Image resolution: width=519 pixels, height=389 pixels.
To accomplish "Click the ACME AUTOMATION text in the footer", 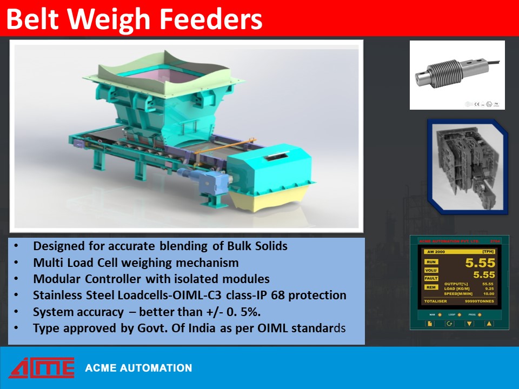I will pyautogui.click(x=138, y=368).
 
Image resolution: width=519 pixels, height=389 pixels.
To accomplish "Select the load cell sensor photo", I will pyautogui.click(x=457, y=75).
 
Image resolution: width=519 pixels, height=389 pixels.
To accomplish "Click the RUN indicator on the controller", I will pyautogui.click(x=431, y=261).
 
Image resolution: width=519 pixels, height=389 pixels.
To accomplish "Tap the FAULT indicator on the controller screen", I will pyautogui.click(x=431, y=278).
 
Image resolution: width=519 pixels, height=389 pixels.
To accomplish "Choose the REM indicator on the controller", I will pyautogui.click(x=431, y=287).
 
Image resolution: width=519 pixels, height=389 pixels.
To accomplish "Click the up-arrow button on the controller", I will pyautogui.click(x=489, y=324).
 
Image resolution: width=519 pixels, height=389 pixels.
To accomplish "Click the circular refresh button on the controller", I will pyautogui.click(x=449, y=324).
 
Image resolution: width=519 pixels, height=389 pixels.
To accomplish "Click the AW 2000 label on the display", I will pyautogui.click(x=435, y=252).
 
